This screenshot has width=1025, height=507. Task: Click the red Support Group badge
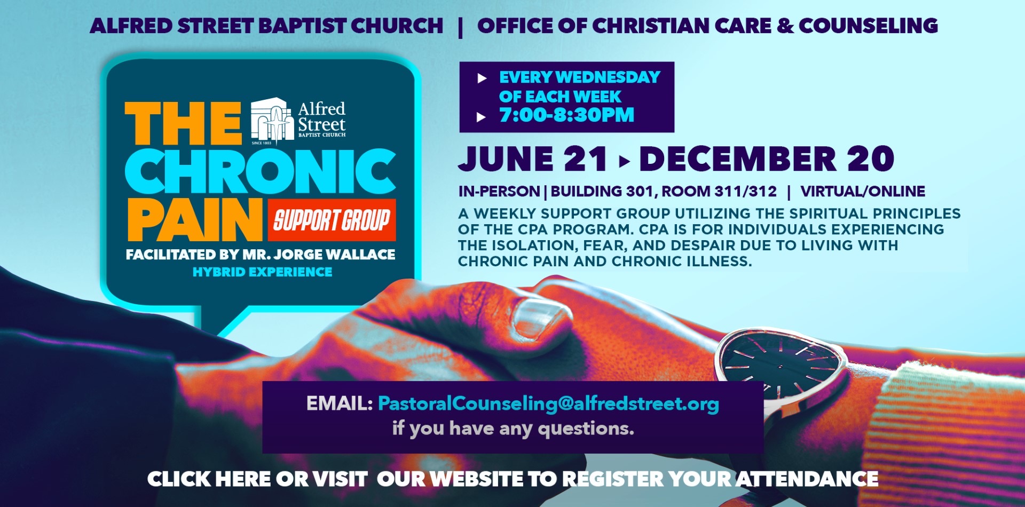tap(332, 220)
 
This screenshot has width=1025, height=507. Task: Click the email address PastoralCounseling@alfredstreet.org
tap(548, 404)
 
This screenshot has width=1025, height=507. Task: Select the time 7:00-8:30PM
tap(566, 115)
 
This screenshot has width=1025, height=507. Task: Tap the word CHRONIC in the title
tap(261, 171)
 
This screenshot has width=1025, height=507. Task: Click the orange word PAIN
tap(195, 219)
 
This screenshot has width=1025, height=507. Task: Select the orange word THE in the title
tap(183, 123)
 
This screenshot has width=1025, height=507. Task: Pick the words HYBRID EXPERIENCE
tap(262, 272)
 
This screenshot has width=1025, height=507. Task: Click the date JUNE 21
tap(532, 159)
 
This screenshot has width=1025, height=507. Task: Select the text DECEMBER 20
tap(767, 159)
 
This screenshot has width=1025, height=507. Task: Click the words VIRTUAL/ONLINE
tap(863, 191)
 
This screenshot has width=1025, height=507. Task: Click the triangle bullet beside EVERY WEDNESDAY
tap(482, 78)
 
